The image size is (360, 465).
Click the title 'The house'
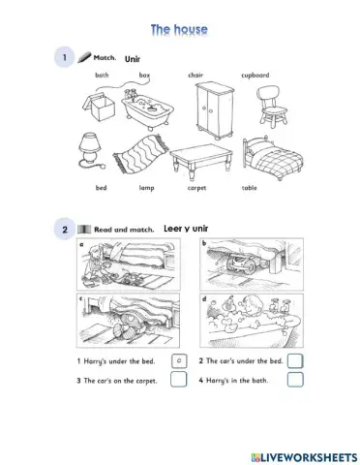(x=179, y=30)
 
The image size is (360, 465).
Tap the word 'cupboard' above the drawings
(x=255, y=76)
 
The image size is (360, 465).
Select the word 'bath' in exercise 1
(x=102, y=75)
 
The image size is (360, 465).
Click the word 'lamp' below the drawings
(x=146, y=188)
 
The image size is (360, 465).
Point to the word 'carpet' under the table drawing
(x=196, y=188)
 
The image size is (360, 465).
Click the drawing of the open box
(x=99, y=107)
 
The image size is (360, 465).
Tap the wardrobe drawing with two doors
(x=214, y=110)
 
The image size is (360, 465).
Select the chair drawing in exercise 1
(x=272, y=106)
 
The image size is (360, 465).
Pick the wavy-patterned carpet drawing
(x=140, y=153)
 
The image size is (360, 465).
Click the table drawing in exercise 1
(x=201, y=161)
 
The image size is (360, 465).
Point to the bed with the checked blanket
(x=273, y=157)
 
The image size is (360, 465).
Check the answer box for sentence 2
(x=295, y=360)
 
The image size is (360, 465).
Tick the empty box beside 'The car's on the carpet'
(x=178, y=379)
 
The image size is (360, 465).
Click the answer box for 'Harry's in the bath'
(x=295, y=380)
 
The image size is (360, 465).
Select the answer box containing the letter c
(x=179, y=360)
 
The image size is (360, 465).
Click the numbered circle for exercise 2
(x=65, y=230)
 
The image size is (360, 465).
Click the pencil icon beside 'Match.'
(x=84, y=57)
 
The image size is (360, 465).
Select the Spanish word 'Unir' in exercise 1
(x=133, y=59)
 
